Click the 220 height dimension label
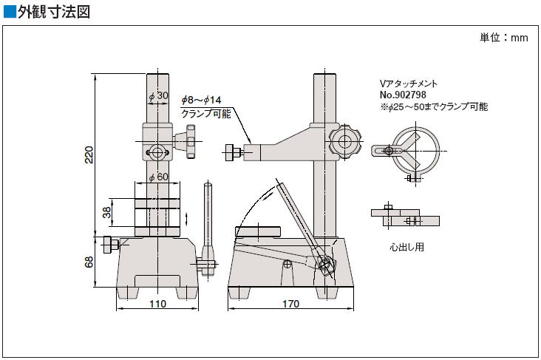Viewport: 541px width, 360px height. click(89, 155)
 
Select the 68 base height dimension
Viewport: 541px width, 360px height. click(89, 262)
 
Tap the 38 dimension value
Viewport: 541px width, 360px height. click(107, 212)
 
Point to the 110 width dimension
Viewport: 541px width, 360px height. click(157, 304)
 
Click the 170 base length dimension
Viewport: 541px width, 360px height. click(291, 304)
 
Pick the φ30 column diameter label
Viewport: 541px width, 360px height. click(158, 96)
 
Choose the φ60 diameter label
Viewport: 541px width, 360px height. click(158, 177)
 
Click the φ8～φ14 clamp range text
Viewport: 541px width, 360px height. click(202, 101)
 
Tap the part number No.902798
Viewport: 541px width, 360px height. click(403, 95)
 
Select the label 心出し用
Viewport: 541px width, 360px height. click(406, 247)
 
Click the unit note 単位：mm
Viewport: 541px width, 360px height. click(504, 37)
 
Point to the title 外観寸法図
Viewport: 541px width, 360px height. click(54, 12)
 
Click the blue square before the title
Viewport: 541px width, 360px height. click(10, 11)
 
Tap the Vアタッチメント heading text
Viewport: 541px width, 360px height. click(409, 84)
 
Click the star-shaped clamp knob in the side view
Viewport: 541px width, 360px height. click(345, 142)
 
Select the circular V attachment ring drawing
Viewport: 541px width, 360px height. click(416, 151)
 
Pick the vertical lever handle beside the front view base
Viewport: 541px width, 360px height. click(208, 229)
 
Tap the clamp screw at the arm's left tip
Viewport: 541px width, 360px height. click(234, 152)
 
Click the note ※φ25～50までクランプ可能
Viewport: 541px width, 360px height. click(434, 107)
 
